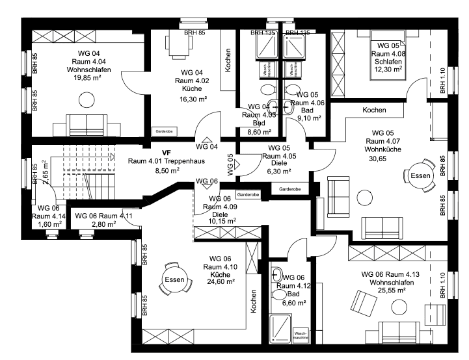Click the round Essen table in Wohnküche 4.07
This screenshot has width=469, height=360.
(420, 175)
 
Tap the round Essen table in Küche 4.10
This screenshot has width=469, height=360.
(174, 279)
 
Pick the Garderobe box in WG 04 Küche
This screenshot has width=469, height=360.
(163, 130)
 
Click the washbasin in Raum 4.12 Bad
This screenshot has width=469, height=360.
(276, 273)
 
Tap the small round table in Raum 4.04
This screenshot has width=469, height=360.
(84, 99)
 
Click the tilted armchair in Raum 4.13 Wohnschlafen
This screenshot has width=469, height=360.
(359, 302)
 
